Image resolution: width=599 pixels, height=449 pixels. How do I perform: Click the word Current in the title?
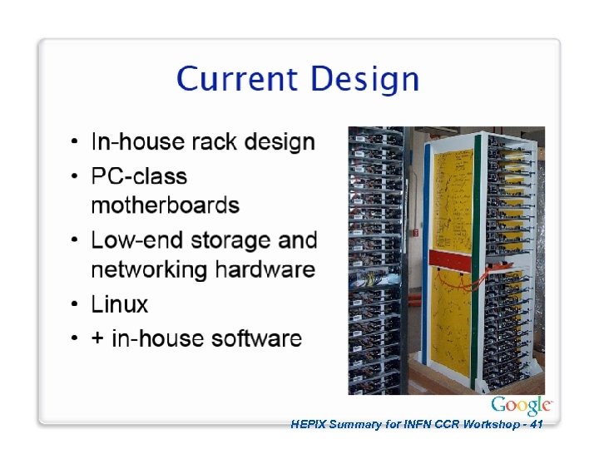pyautogui.click(x=235, y=80)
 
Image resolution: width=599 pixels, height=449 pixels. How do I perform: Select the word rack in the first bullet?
pyautogui.click(x=214, y=142)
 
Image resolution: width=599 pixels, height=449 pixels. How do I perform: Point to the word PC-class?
pyautogui.click(x=139, y=177)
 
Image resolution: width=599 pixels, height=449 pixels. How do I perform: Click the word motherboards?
pyautogui.click(x=165, y=205)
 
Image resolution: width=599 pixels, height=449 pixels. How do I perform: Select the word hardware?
pyautogui.click(x=265, y=270)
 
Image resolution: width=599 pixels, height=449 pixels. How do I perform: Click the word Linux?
pyautogui.click(x=120, y=304)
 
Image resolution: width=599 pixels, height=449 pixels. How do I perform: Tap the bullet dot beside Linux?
pyautogui.click(x=75, y=304)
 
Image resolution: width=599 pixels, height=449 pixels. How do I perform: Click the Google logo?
pyautogui.click(x=521, y=406)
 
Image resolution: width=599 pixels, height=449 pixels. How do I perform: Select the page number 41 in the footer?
pyautogui.click(x=536, y=424)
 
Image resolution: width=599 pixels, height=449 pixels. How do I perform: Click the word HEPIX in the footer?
pyautogui.click(x=309, y=424)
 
